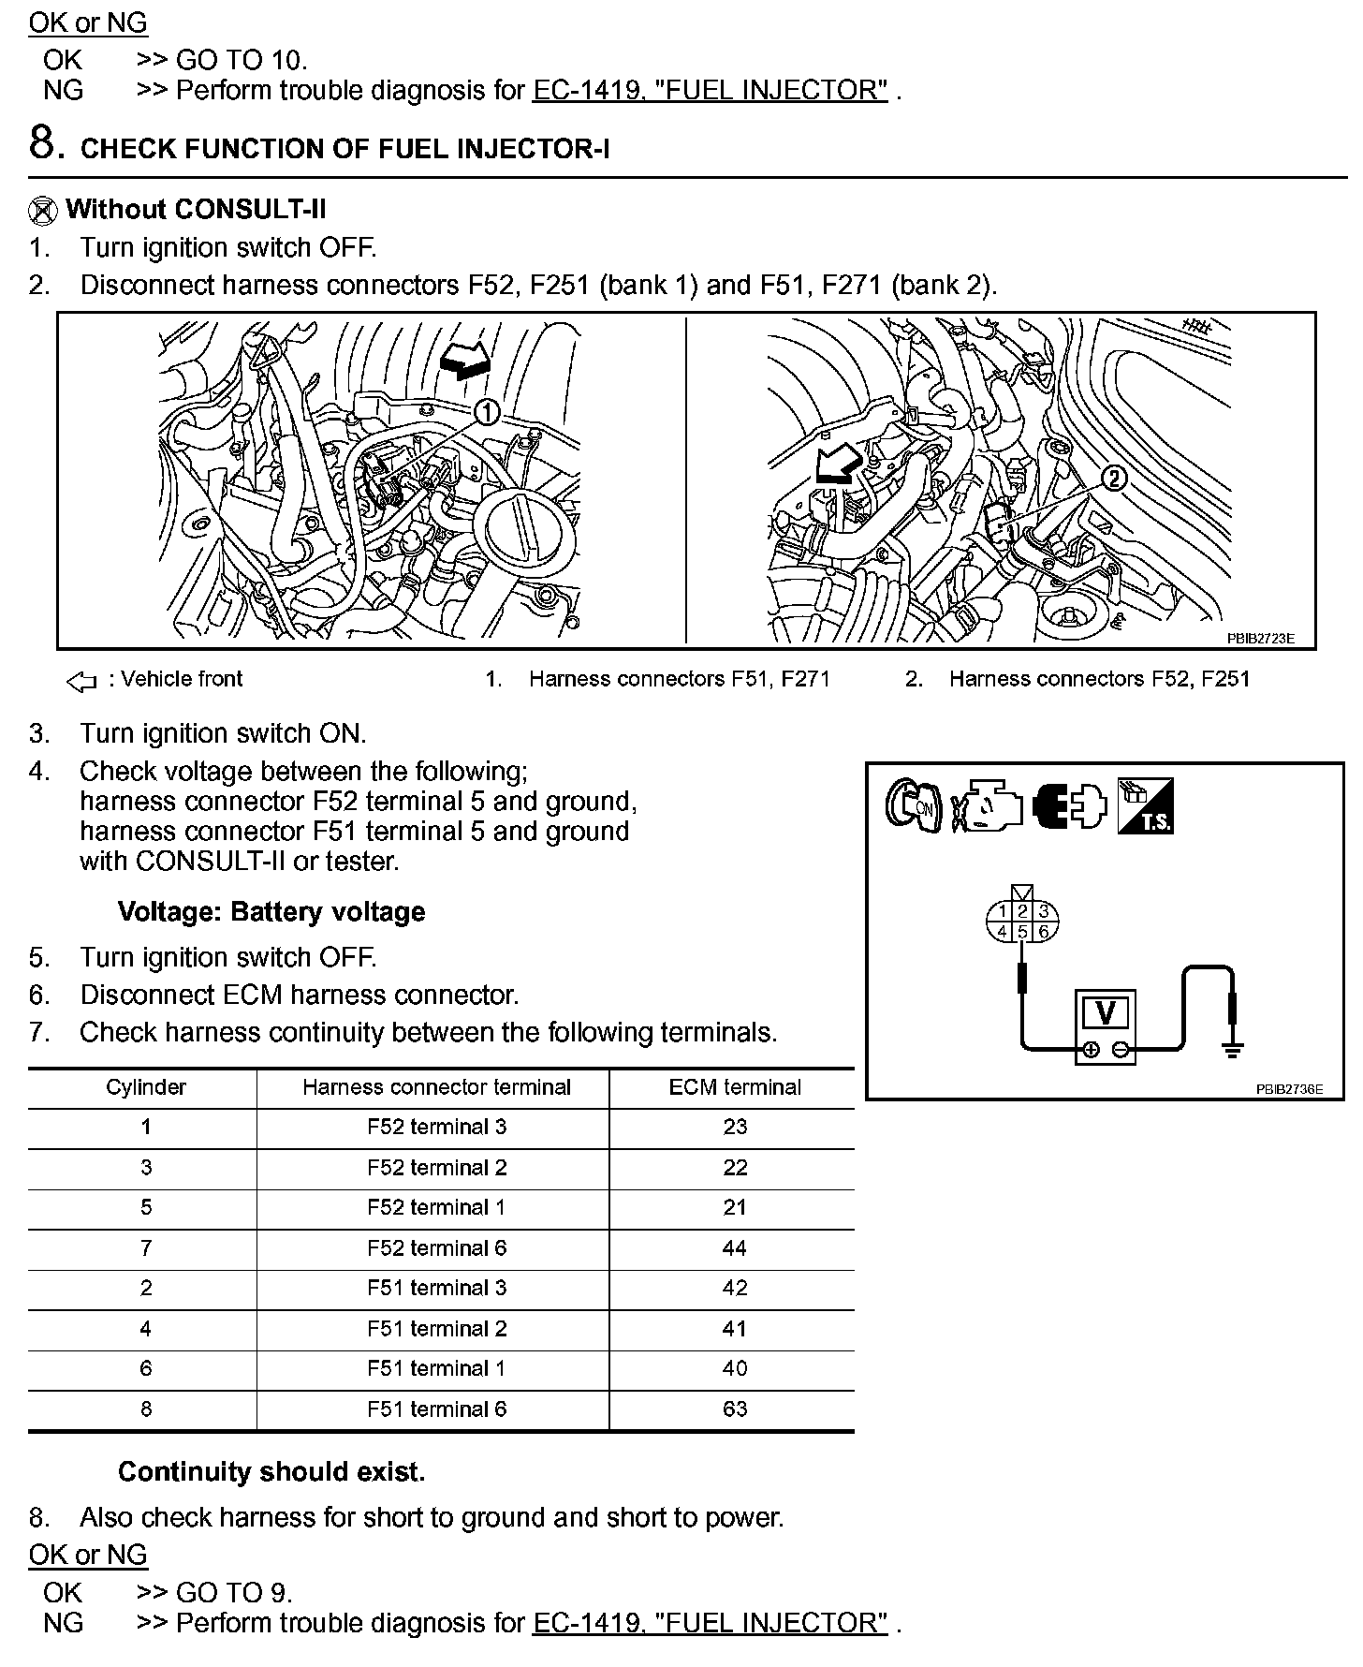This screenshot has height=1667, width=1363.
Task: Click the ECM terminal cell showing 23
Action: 735,1127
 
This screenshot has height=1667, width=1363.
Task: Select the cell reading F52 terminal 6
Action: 436,1247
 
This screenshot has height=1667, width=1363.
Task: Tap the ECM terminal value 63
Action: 735,1409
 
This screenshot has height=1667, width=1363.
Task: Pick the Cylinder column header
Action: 145,1087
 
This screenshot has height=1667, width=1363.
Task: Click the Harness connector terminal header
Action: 436,1087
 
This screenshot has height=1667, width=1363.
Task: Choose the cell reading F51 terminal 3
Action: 436,1288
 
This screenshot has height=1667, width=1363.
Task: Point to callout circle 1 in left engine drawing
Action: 487,412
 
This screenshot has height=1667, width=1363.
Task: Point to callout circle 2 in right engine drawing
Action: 1113,479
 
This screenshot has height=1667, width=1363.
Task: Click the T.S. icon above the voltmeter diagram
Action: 1146,806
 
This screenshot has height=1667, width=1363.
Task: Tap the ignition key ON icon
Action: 912,804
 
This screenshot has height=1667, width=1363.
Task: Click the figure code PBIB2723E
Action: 1260,639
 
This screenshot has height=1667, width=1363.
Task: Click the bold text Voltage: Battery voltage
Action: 271,912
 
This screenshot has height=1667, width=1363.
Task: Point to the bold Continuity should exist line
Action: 271,1472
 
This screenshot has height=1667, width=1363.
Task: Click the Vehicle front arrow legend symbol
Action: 82,681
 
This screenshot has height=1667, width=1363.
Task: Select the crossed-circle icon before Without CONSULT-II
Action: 42,211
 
